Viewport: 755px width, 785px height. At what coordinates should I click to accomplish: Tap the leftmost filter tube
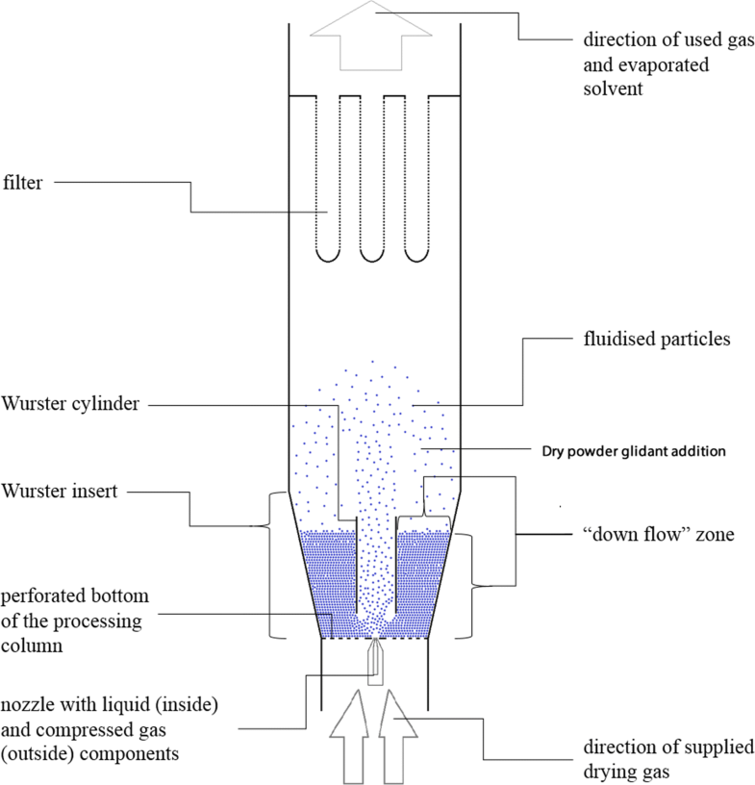pos(327,178)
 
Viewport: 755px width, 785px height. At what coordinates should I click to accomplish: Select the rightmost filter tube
pos(415,178)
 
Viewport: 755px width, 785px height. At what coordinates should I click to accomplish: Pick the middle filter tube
pos(371,178)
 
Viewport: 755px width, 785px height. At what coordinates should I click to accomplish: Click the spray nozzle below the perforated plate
pos(375,664)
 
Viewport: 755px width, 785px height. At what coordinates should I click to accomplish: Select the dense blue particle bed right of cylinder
pos(419,577)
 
